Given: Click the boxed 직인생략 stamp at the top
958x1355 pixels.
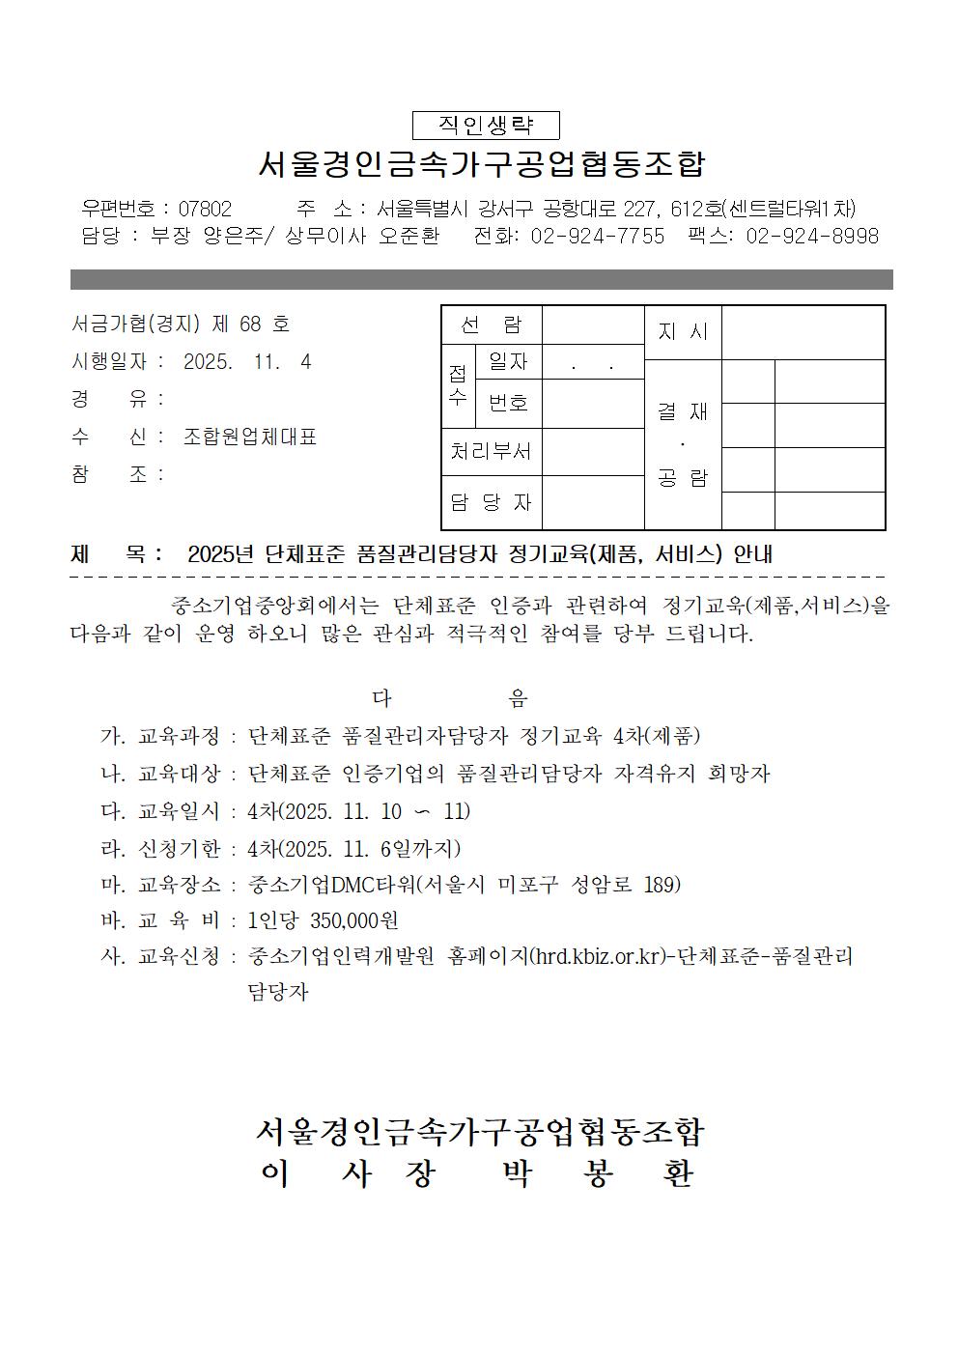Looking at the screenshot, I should coord(486,126).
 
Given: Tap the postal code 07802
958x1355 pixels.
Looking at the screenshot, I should coord(205,209).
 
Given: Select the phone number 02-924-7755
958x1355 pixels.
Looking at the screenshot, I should coord(598,236).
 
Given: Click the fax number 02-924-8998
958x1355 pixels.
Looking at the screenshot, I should coord(812,236).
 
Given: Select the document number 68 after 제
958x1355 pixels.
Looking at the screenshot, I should coord(250,324).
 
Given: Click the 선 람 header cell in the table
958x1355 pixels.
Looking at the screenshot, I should coord(492,325).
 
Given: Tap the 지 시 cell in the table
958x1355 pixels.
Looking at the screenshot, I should coord(683,332).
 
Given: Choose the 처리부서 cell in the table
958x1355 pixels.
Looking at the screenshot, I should coord(492,452).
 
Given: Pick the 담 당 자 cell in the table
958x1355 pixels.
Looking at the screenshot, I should coord(492,502).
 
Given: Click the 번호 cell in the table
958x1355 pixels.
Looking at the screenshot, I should coord(509,402).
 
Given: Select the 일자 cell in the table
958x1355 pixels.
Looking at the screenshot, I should coord(509,361).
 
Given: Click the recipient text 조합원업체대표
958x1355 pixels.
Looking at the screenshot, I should coord(250,437).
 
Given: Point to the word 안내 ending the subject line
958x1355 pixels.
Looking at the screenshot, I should coord(753,554).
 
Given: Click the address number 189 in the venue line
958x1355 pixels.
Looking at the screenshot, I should coord(662,884).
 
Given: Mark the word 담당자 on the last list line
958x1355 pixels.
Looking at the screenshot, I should coord(278,992).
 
